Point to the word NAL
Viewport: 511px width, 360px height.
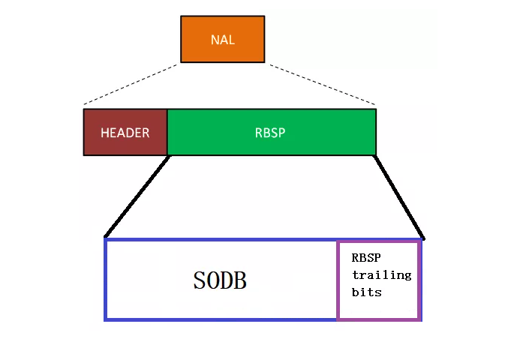222,40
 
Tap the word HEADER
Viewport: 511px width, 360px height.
125,133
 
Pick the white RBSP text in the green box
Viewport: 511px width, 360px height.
271,133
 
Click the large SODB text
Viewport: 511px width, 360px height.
220,280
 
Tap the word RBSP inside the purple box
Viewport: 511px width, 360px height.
366,257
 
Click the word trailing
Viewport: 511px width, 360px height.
381,274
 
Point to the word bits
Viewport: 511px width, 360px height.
366,292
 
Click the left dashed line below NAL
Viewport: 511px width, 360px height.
131,84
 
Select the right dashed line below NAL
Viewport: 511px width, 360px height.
323,84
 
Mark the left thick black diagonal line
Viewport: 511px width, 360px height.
137,196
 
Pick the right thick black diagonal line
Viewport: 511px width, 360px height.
399,196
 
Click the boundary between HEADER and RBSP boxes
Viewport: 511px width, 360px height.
167,132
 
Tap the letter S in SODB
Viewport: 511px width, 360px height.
200,280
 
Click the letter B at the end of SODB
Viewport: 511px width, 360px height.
240,280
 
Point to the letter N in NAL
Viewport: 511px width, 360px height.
214,40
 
